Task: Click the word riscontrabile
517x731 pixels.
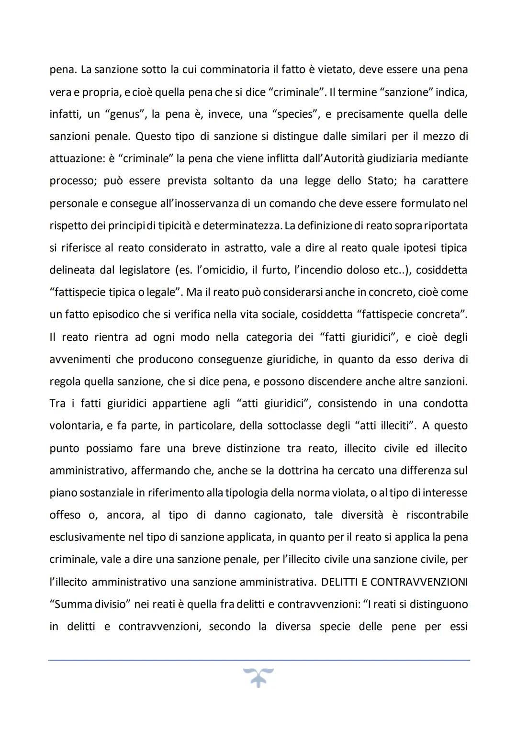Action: tap(437, 515)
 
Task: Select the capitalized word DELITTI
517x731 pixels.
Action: tap(340, 582)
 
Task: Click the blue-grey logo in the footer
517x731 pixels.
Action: tap(258, 677)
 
